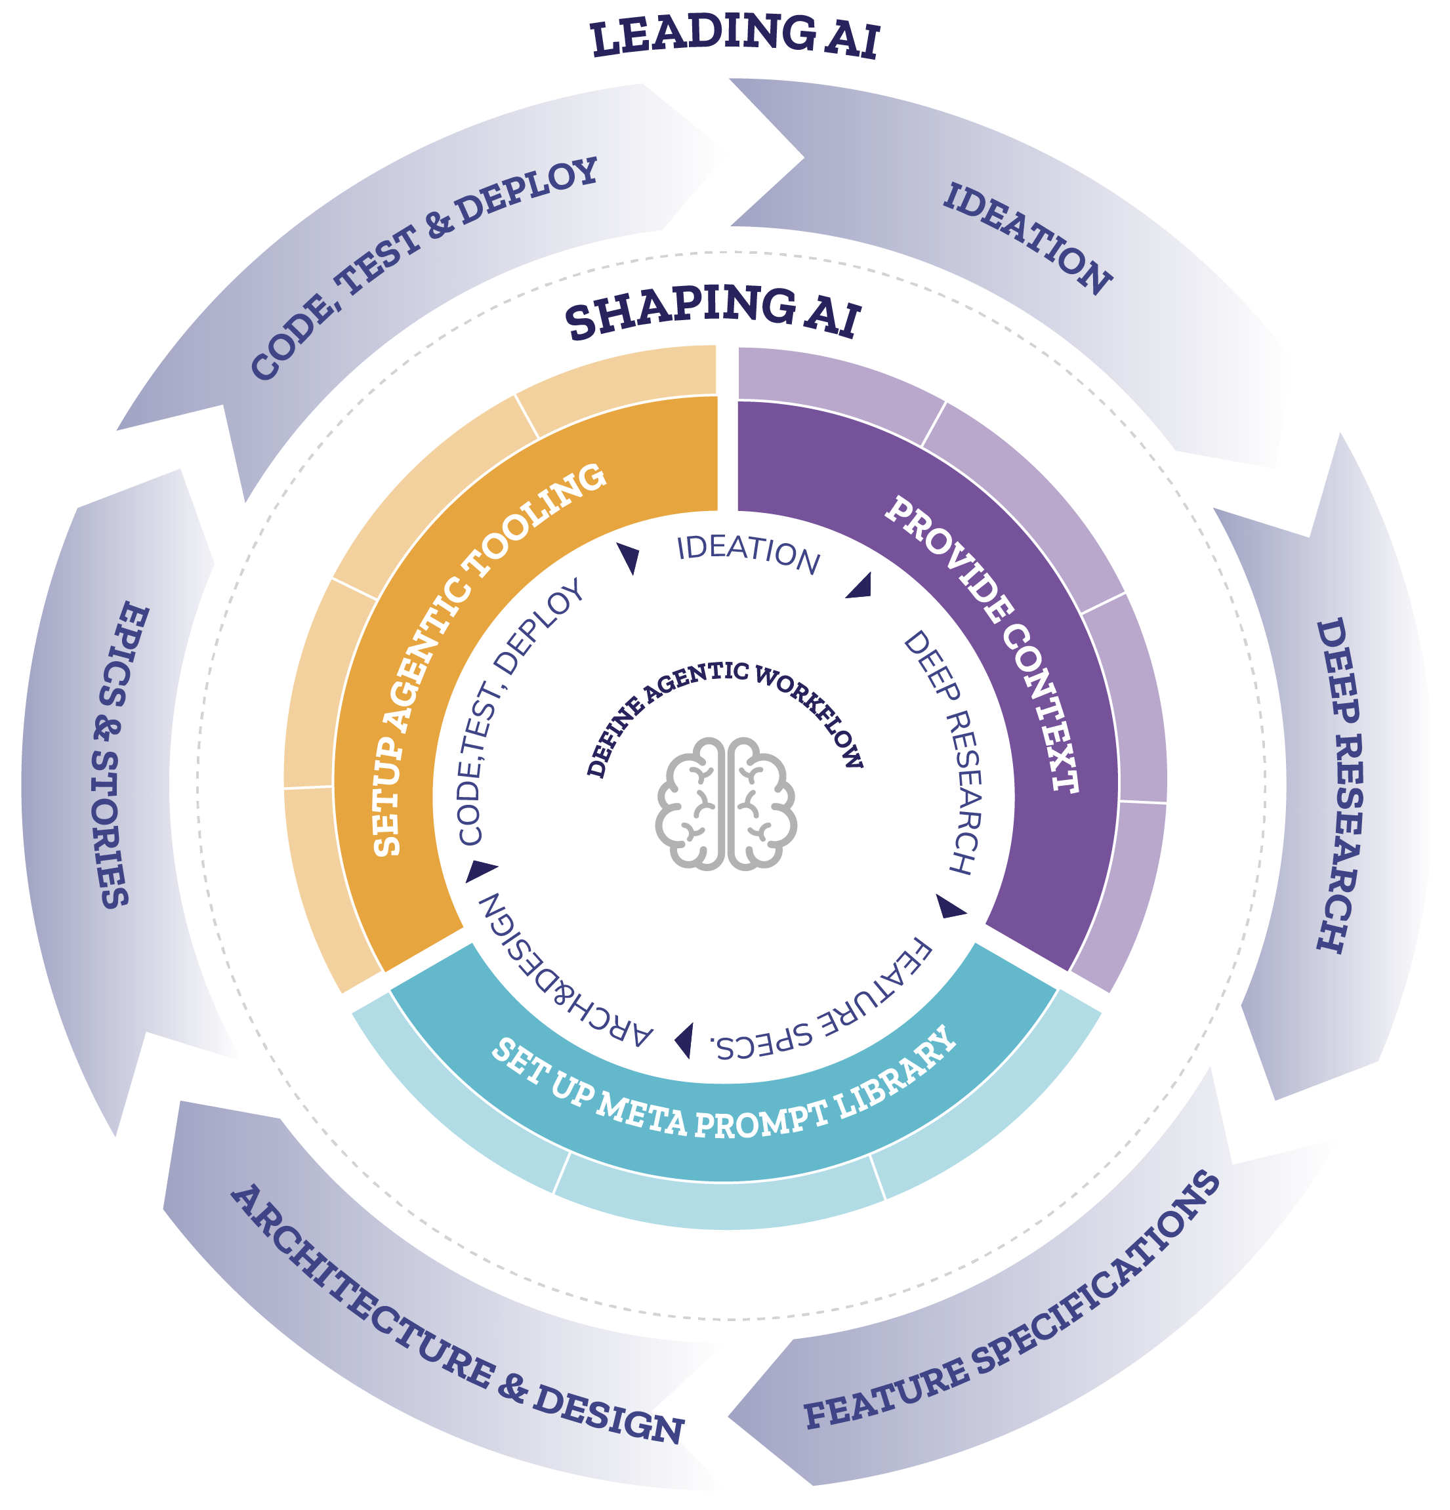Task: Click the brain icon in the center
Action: pyautogui.click(x=726, y=804)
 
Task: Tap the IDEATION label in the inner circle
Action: pyautogui.click(x=747, y=553)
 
